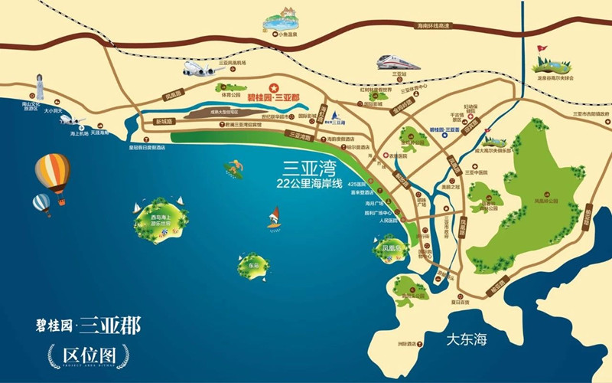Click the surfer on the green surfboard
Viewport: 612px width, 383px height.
pos(233,167)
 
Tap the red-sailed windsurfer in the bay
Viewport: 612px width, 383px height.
pos(273,219)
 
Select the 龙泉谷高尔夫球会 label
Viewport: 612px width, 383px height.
pos(556,77)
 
